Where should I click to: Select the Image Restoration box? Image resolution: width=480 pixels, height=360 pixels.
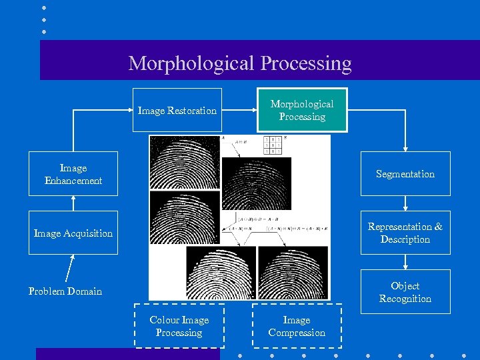[x=177, y=110]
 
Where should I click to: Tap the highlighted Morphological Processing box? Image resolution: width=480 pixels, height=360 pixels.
[x=302, y=110]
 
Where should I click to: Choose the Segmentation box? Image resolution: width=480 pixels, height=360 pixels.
[x=405, y=173]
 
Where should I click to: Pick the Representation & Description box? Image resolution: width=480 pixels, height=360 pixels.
[x=405, y=233]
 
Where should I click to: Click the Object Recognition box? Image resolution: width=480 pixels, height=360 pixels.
[x=405, y=291]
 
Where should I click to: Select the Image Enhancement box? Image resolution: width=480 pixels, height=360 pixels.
[x=73, y=173]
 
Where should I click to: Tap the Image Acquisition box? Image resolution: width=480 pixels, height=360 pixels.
[x=73, y=233]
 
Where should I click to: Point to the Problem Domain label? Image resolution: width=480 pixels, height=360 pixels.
[x=65, y=291]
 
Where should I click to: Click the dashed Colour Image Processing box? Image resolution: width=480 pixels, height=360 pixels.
[x=179, y=326]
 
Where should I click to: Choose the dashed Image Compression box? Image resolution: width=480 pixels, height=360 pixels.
[x=296, y=326]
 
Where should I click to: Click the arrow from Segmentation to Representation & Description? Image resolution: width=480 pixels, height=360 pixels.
[x=405, y=203]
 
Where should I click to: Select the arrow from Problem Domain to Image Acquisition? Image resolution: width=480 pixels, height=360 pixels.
[x=69, y=270]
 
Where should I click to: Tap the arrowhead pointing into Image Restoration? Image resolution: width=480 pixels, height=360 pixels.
[x=129, y=110]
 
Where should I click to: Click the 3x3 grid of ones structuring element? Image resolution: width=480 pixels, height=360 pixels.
[x=273, y=145]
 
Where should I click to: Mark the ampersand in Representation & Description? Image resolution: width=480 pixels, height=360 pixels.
[x=438, y=227]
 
